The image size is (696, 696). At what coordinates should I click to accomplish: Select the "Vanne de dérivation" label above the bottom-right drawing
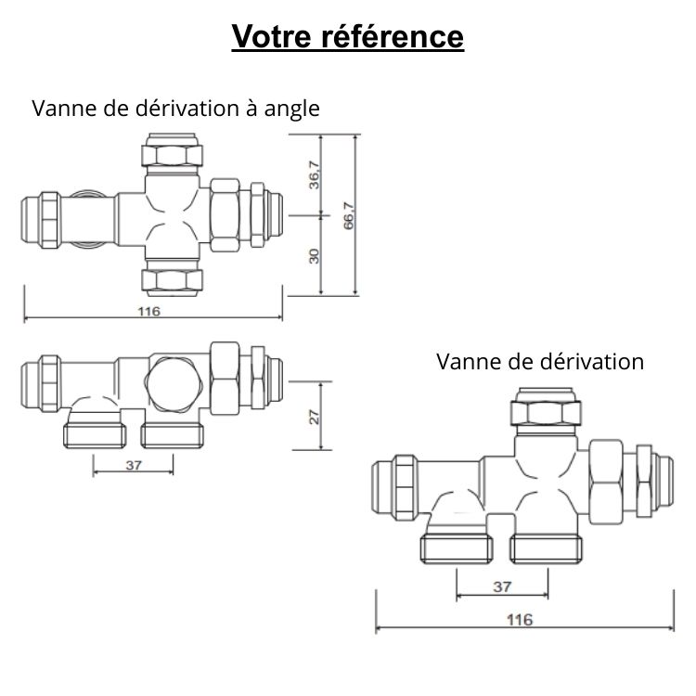(x=539, y=361)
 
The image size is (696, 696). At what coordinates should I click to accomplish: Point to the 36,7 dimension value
(x=315, y=175)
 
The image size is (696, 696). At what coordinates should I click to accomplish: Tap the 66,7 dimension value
(x=350, y=216)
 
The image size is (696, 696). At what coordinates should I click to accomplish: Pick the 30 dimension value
(x=315, y=255)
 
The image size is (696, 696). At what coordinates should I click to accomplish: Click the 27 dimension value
(x=315, y=417)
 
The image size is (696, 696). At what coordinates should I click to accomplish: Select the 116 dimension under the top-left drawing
(x=148, y=311)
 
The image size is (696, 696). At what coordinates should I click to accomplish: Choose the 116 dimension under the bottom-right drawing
(x=522, y=619)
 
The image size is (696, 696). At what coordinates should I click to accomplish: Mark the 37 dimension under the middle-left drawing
(x=133, y=465)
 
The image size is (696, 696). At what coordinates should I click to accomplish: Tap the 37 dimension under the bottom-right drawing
(x=501, y=586)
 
